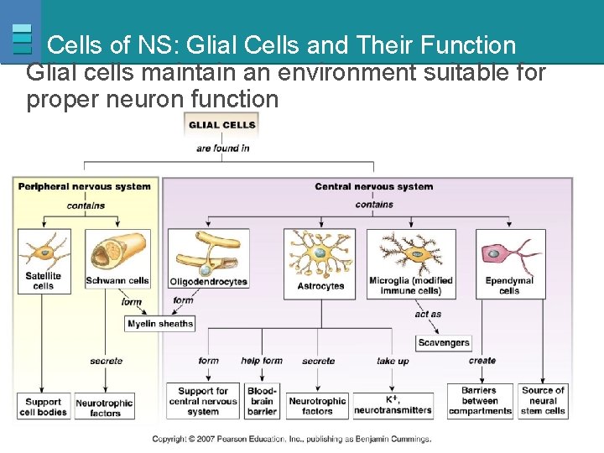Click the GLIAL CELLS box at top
tap(221, 125)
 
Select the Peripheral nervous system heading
tap(85, 186)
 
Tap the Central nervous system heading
tap(373, 186)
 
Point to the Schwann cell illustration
tap(117, 252)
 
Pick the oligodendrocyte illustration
tap(207, 253)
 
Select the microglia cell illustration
tap(410, 252)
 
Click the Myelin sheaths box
tap(160, 324)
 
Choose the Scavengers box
tap(444, 342)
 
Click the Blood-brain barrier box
tap(262, 401)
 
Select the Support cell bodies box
tap(43, 407)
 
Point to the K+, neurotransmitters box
tap(393, 405)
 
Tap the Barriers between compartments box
tap(480, 401)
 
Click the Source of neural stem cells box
tap(543, 401)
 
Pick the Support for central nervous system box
tap(203, 401)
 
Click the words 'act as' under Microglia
tap(428, 315)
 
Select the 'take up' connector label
tap(392, 361)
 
